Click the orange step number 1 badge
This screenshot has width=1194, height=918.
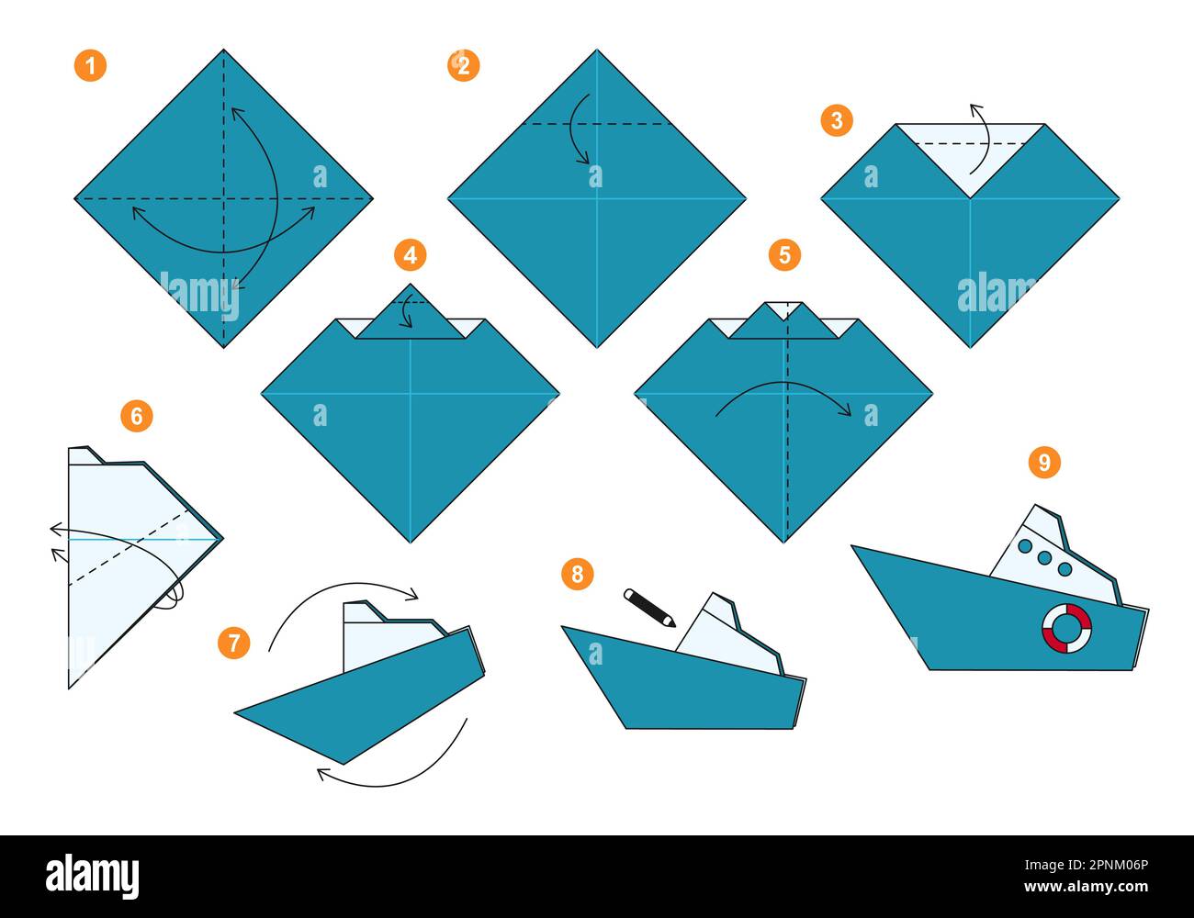click(x=90, y=65)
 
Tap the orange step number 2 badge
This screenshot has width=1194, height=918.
click(x=463, y=65)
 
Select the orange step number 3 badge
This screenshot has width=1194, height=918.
click(x=836, y=120)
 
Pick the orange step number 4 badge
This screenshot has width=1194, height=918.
click(x=410, y=254)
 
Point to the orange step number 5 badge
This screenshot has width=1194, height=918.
click(x=783, y=254)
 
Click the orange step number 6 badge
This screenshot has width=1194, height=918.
click(x=136, y=416)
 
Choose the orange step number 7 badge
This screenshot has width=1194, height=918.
click(x=233, y=643)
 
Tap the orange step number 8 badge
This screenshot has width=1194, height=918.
click(x=577, y=575)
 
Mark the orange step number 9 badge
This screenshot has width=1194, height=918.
click(x=1044, y=462)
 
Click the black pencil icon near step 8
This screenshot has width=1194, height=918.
click(x=649, y=608)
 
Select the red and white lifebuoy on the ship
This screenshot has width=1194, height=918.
click(x=1066, y=628)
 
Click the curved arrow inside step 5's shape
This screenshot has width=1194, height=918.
click(x=783, y=397)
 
